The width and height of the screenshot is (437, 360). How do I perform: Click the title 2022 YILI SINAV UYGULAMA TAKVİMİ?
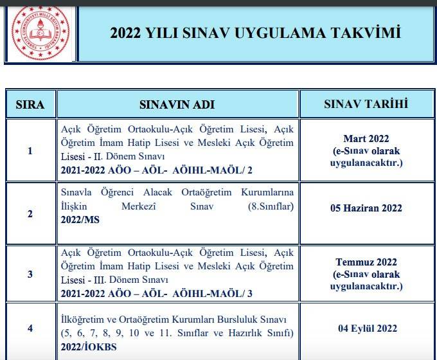pos(256,33)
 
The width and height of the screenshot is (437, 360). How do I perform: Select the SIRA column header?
pos(30,104)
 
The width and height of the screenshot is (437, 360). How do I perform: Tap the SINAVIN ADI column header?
pos(177,104)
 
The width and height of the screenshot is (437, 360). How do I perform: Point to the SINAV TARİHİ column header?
pos(366,104)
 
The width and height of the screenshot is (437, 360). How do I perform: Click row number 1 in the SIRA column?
pos(30,151)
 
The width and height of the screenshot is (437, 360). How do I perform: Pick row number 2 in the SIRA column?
pos(30,213)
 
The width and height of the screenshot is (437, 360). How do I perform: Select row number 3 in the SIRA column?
pos(30,274)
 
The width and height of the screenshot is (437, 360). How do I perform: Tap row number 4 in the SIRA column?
pos(30,328)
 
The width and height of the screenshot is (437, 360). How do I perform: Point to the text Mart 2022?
pos(366,139)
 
